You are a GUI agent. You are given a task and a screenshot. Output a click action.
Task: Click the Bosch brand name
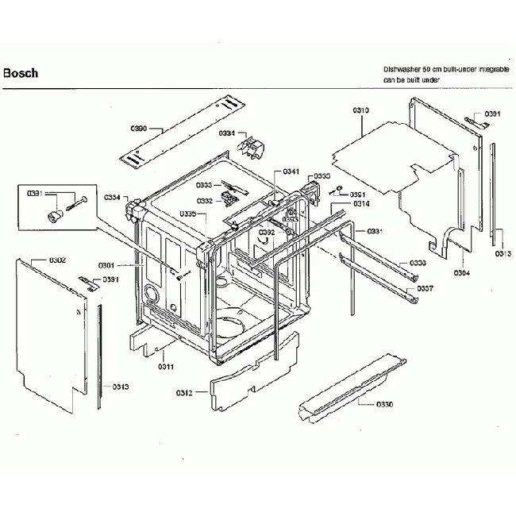pyautogui.click(x=21, y=73)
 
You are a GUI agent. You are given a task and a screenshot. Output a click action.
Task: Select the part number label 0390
pyautogui.click(x=139, y=128)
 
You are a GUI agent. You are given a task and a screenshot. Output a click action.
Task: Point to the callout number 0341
pyautogui.click(x=291, y=172)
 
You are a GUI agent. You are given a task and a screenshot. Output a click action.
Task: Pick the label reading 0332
pyautogui.click(x=205, y=201)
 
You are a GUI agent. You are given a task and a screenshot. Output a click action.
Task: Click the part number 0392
pyautogui.click(x=267, y=232)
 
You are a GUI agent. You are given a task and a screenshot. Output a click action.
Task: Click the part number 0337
pyautogui.click(x=426, y=288)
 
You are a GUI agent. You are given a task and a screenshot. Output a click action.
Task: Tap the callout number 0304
pyautogui.click(x=462, y=272)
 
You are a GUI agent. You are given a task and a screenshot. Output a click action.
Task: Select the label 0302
pyautogui.click(x=57, y=260)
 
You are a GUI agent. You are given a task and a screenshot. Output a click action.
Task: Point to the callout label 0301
pyautogui.click(x=106, y=264)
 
